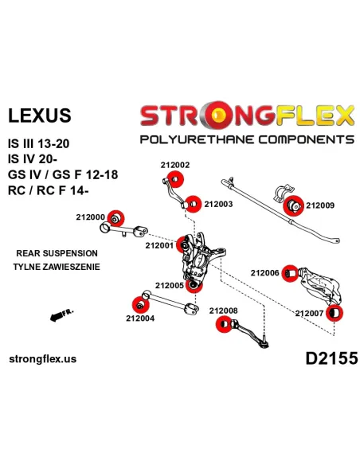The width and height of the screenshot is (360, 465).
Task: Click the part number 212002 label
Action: [175, 165]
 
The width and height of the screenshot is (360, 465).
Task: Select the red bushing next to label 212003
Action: [193, 204]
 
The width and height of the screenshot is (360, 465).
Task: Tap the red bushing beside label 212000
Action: [115, 218]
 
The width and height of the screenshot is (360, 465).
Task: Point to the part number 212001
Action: [159, 245]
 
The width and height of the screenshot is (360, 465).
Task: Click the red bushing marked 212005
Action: [194, 285]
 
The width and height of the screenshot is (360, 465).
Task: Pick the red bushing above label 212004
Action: [140, 305]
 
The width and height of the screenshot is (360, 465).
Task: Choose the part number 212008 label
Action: [223, 311]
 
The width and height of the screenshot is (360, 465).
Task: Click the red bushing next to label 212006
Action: [290, 273]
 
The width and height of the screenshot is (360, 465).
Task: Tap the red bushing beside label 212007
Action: [335, 313]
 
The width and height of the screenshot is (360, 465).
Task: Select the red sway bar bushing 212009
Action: [293, 205]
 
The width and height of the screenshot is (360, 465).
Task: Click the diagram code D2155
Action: [331, 358]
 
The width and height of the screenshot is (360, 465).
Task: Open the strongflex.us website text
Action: [43, 359]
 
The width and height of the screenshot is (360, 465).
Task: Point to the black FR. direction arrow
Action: [58, 316]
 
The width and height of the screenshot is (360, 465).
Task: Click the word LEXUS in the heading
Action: [40, 115]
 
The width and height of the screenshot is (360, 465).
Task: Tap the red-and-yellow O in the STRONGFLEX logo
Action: [218, 115]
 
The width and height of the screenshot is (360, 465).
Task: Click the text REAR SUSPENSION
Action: [57, 253]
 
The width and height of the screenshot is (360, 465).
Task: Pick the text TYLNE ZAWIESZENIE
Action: [57, 267]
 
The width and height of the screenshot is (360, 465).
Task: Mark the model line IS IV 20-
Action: [33, 159]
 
